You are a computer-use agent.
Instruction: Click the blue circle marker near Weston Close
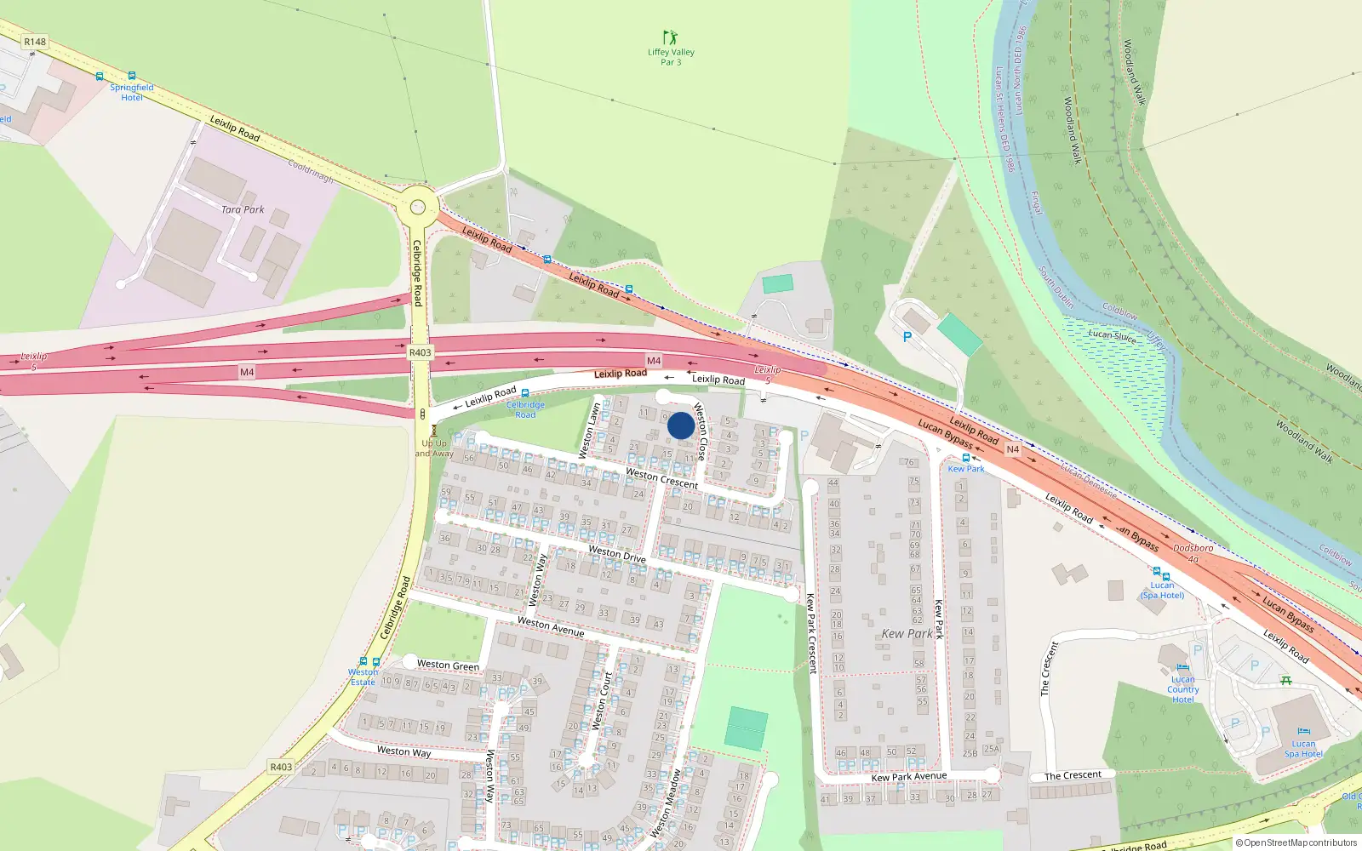click(x=680, y=425)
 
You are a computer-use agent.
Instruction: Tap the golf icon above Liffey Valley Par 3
click(x=671, y=37)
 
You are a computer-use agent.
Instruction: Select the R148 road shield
click(x=35, y=42)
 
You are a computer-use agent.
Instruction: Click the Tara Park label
click(x=243, y=209)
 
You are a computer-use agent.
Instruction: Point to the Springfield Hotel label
click(x=132, y=92)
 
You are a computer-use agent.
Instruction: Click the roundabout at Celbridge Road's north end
click(x=417, y=207)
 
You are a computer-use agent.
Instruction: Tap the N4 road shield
click(x=1012, y=449)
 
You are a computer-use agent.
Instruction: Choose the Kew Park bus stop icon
click(x=965, y=458)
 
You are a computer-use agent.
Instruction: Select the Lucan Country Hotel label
click(x=1182, y=689)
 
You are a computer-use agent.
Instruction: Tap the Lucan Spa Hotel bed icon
click(x=1302, y=731)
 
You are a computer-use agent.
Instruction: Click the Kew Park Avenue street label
click(x=908, y=776)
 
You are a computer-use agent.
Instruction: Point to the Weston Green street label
click(x=448, y=665)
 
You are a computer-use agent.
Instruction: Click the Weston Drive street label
click(x=617, y=554)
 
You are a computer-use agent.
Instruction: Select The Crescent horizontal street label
click(x=1073, y=775)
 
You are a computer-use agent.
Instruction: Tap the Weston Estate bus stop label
click(x=363, y=677)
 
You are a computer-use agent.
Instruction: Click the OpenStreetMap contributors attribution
click(x=1296, y=842)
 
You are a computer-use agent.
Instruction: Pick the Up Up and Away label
click(x=434, y=448)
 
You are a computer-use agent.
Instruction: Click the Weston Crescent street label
click(x=661, y=478)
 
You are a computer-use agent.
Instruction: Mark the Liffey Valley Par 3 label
click(x=671, y=57)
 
